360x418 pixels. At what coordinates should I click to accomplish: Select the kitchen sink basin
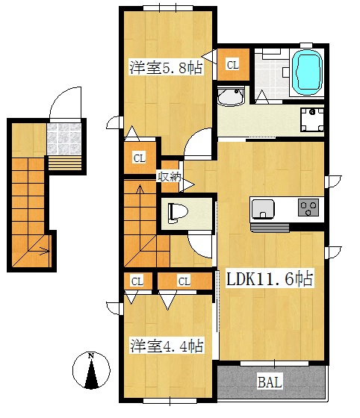click(263, 209)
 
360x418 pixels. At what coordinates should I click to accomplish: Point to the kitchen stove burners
click(308, 208)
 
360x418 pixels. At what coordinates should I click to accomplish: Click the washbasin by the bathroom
click(231, 96)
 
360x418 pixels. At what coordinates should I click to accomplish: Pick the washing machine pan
click(312, 119)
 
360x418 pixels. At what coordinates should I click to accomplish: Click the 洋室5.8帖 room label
click(166, 67)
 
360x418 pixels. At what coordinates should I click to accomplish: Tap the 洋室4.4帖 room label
click(167, 345)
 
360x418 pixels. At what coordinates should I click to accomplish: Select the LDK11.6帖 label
click(269, 279)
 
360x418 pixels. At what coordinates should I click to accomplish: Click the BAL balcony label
click(270, 382)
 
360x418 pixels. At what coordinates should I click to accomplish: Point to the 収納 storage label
click(169, 177)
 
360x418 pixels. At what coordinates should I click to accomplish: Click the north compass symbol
click(91, 370)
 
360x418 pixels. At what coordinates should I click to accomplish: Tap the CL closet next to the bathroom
click(233, 65)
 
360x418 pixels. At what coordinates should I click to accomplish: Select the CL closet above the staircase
click(140, 158)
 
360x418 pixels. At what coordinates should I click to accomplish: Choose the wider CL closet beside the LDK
click(184, 281)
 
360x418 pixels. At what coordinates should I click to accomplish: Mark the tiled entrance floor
click(64, 139)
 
